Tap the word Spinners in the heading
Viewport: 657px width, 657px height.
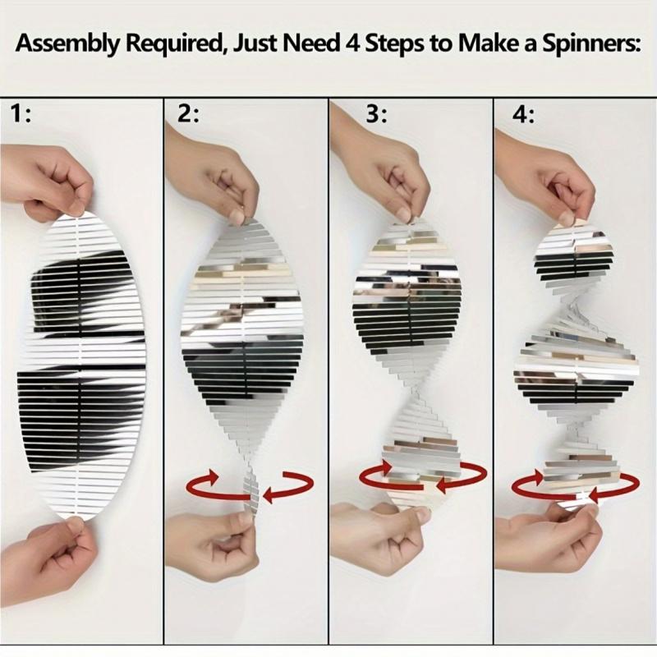(x=591, y=44)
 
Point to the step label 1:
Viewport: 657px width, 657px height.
(x=21, y=114)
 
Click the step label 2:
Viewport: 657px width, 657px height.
(x=188, y=114)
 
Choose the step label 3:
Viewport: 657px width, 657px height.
(x=377, y=114)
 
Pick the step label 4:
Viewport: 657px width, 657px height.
(x=524, y=114)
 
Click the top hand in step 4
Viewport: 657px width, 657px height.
(x=544, y=176)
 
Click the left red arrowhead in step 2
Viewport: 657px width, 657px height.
(x=212, y=476)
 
